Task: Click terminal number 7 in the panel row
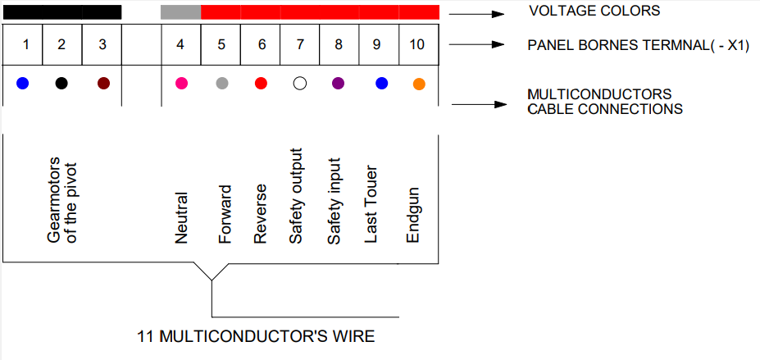(x=300, y=44)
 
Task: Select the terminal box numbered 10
(x=419, y=44)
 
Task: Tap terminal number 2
(x=61, y=44)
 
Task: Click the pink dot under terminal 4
(x=182, y=84)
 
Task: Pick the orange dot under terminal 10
(x=419, y=84)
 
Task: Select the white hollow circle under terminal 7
(x=300, y=84)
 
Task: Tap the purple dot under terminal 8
(x=339, y=84)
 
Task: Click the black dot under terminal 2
(x=61, y=84)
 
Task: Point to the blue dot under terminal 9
(x=382, y=84)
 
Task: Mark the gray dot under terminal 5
(x=222, y=84)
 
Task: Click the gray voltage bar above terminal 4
(x=181, y=12)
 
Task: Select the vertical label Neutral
(x=181, y=217)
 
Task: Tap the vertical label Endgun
(x=412, y=215)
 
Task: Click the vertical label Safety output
(x=296, y=196)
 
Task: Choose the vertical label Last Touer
(x=371, y=206)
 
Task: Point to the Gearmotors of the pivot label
(x=62, y=199)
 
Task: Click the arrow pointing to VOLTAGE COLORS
(x=477, y=14)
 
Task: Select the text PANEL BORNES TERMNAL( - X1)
(x=639, y=46)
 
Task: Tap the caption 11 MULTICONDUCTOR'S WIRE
(x=256, y=336)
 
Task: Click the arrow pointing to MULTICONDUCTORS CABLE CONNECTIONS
(x=480, y=104)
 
